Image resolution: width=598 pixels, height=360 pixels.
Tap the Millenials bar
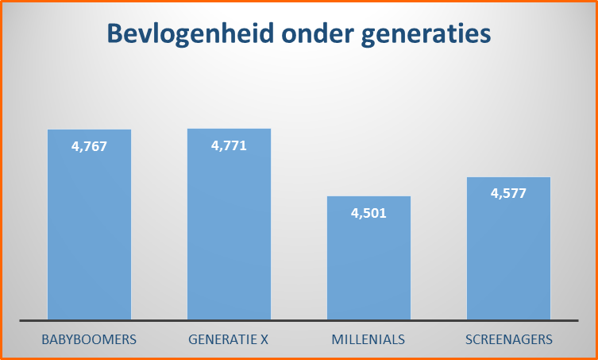[x=368, y=262]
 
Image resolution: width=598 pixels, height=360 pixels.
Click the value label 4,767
[x=89, y=146]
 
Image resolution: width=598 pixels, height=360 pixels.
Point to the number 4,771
[x=229, y=145]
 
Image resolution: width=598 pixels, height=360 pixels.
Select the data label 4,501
[x=368, y=212]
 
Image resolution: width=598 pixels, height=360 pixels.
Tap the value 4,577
[x=508, y=193]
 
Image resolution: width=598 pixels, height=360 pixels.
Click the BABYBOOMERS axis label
[x=89, y=339]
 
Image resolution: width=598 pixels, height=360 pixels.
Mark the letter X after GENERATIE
[x=264, y=339]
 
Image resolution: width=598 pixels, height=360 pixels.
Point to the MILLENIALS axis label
[x=368, y=339]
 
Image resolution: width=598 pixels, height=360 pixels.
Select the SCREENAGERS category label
[x=508, y=339]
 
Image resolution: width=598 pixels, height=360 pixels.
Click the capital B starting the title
[x=115, y=34]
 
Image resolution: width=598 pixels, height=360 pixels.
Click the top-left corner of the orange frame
[x=2, y=2]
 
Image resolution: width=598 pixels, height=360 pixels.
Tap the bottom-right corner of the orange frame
[x=596, y=358]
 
